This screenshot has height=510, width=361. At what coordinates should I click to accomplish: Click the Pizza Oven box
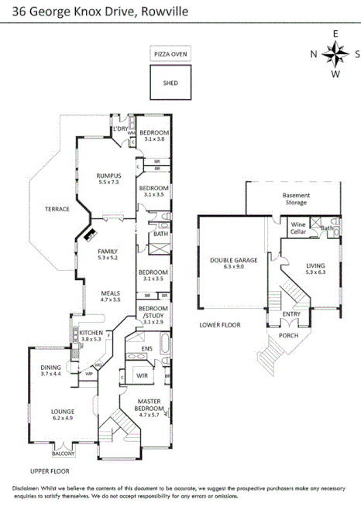pos(170,53)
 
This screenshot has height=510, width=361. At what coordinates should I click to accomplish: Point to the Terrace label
pos(57,209)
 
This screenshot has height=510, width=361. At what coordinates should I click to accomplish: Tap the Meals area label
pos(112,295)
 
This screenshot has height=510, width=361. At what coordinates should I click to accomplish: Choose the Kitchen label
pos(91,335)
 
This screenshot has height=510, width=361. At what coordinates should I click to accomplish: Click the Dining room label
pos(52,371)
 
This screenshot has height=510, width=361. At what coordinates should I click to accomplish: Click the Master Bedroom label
pos(147,405)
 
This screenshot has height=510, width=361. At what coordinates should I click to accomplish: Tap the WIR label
pos(142,375)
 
